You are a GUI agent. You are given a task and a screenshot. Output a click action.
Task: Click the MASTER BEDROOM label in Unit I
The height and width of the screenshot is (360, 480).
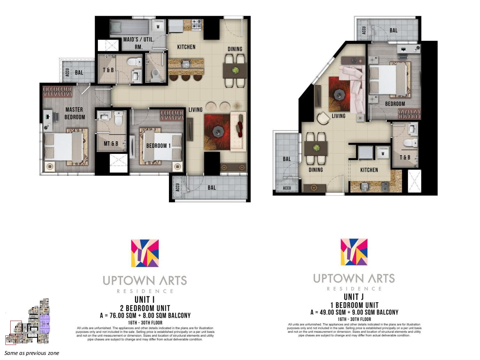[74, 113]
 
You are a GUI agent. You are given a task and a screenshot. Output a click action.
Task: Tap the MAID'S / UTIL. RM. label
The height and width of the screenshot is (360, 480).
[139, 43]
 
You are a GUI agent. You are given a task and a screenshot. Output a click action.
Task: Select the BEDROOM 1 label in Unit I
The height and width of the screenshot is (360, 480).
[158, 146]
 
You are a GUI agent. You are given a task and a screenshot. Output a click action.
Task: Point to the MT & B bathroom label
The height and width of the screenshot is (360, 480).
[111, 144]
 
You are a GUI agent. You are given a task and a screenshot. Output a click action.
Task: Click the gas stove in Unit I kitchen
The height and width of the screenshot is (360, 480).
[197, 25]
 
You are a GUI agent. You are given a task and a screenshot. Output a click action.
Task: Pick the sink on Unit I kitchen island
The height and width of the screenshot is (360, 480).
[186, 65]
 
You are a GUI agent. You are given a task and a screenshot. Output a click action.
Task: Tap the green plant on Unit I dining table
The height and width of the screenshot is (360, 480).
[235, 70]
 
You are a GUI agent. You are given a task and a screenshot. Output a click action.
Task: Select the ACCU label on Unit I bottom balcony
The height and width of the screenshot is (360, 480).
[178, 187]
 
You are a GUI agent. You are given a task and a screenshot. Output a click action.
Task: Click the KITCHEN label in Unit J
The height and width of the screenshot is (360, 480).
[369, 170]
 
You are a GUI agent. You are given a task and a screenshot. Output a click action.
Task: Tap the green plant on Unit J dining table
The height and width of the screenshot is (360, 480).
[316, 148]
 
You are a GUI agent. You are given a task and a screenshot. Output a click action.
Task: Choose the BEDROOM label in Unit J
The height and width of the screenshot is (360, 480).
[395, 104]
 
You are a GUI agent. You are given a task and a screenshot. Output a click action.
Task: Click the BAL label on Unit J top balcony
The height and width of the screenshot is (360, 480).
[394, 30]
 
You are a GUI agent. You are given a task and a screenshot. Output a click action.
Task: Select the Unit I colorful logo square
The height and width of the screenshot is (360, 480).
[145, 253]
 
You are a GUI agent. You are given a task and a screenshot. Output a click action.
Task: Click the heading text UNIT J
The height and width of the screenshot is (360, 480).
[354, 297]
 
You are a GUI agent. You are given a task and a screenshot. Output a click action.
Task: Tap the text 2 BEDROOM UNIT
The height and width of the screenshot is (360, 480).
[145, 308]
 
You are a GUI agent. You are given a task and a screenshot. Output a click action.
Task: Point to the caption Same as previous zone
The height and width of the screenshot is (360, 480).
[32, 353]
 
